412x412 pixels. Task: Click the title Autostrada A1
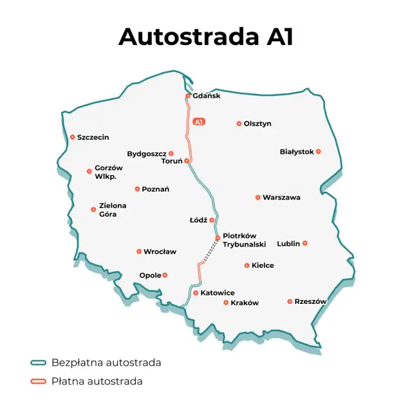pyautogui.click(x=206, y=36)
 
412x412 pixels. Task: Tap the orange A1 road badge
pyautogui.click(x=199, y=122)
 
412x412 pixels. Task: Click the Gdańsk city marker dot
pyautogui.click(x=188, y=96)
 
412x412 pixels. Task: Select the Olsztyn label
pyautogui.click(x=257, y=124)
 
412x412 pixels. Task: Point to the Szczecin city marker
pyautogui.click(x=73, y=137)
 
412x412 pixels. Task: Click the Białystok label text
pyautogui.click(x=297, y=152)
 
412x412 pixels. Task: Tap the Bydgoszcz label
pyautogui.click(x=147, y=154)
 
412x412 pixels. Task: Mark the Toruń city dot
pyautogui.click(x=187, y=161)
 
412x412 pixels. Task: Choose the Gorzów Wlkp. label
pyautogui.click(x=108, y=172)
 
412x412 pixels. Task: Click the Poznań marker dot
pyautogui.click(x=137, y=189)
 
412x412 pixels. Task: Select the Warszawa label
pyautogui.click(x=281, y=198)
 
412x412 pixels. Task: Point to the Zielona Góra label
pyautogui.click(x=113, y=210)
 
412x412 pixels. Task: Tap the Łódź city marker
pyautogui.click(x=212, y=220)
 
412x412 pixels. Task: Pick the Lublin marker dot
pyautogui.click(x=305, y=243)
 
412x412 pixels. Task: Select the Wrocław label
pyautogui.click(x=160, y=252)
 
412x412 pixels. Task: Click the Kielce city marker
pyautogui.click(x=247, y=265)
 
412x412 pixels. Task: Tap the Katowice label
pyautogui.click(x=218, y=293)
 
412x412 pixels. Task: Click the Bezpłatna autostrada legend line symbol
pyautogui.click(x=39, y=363)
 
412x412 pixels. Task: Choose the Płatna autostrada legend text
pyautogui.click(x=97, y=381)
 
